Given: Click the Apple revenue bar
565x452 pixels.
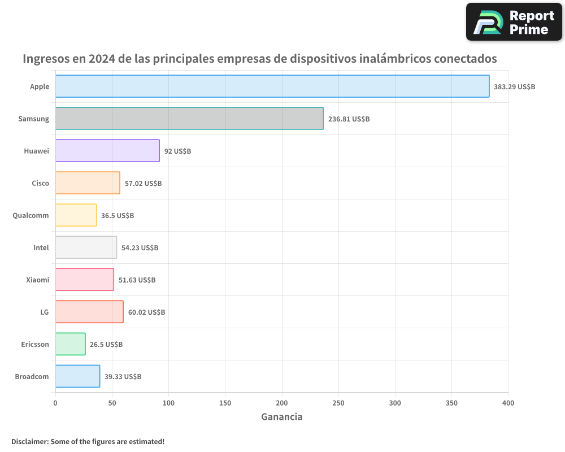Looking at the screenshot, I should pyautogui.click(x=272, y=86).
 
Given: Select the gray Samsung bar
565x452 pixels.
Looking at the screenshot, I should pyautogui.click(x=189, y=119).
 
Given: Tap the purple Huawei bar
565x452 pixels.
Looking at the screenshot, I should pyautogui.click(x=107, y=151).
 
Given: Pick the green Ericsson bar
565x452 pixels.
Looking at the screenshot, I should pyautogui.click(x=70, y=344).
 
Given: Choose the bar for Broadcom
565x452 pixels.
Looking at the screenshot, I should pyautogui.click(x=77, y=376).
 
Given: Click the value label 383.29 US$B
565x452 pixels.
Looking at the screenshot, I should pyautogui.click(x=514, y=87).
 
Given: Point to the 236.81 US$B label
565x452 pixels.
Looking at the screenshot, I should pyautogui.click(x=349, y=119).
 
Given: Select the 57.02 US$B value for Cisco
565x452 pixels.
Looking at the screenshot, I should pyautogui.click(x=143, y=184).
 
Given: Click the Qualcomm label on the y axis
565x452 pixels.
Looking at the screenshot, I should pyautogui.click(x=31, y=215).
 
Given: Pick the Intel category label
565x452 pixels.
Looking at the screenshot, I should pyautogui.click(x=41, y=247).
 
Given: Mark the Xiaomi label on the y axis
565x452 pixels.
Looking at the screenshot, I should pyautogui.click(x=37, y=280).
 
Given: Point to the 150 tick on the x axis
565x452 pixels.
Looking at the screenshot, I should pyautogui.click(x=225, y=403).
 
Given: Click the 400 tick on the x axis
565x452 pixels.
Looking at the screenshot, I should pyautogui.click(x=508, y=403).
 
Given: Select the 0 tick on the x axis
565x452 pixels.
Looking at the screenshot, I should pyautogui.click(x=55, y=403).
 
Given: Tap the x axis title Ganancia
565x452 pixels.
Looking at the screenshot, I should pyautogui.click(x=281, y=417).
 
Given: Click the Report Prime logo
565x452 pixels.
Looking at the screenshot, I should pyautogui.click(x=514, y=22).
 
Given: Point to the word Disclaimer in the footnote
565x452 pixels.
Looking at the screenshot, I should pyautogui.click(x=29, y=441).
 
